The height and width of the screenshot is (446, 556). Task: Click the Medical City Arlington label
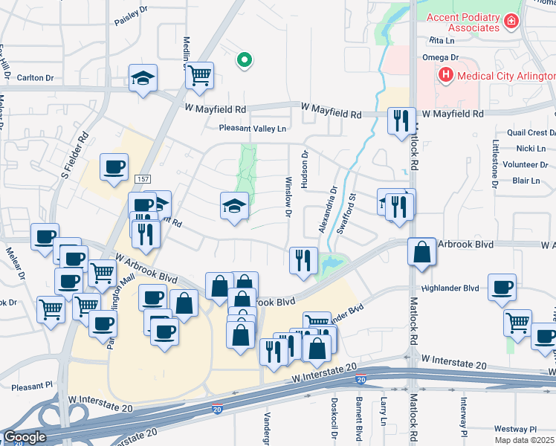click(x=507, y=76)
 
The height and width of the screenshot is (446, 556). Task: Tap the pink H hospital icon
click(x=445, y=74)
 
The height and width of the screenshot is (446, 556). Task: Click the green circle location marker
click(x=243, y=61)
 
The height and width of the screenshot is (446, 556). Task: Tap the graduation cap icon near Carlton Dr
click(x=143, y=77)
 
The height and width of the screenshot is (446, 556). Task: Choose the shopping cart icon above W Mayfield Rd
click(x=199, y=74)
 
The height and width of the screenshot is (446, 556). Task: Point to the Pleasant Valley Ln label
click(x=252, y=129)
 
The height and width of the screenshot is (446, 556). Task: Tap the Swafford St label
click(x=343, y=214)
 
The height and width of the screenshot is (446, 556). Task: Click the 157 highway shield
click(x=143, y=180)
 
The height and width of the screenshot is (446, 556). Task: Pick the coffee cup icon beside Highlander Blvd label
click(x=502, y=286)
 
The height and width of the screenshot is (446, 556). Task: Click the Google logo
click(x=25, y=437)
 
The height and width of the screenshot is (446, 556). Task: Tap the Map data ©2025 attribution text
click(x=525, y=440)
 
